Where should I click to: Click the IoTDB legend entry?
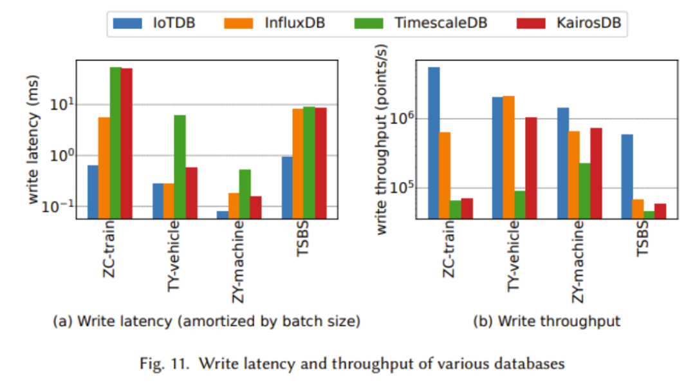coord(154,23)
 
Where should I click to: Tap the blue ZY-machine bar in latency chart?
coord(222,215)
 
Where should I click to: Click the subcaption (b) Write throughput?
coord(546,322)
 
